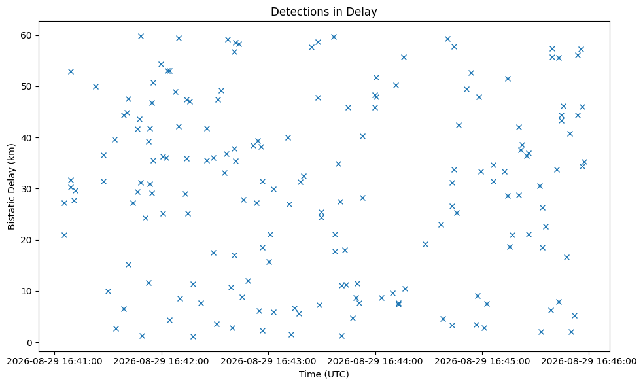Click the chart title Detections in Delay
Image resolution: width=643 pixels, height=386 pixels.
(324, 12)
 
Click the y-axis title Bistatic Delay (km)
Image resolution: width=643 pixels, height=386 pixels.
(11, 186)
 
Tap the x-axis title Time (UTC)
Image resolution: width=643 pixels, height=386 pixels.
(324, 374)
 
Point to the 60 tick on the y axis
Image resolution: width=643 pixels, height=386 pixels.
(26, 35)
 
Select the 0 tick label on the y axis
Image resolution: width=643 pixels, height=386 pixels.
(29, 343)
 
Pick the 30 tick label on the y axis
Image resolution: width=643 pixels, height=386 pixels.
(26, 188)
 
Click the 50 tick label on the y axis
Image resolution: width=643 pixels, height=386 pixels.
(26, 86)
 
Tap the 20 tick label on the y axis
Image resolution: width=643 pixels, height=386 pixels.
(26, 240)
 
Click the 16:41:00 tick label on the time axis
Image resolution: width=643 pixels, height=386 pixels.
(54, 361)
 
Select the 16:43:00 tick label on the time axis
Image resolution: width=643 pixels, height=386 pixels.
(269, 361)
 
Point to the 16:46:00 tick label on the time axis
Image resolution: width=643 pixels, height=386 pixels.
(589, 361)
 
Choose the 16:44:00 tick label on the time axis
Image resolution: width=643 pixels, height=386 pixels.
(375, 361)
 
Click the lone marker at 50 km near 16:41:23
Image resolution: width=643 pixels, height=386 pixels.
(96, 86)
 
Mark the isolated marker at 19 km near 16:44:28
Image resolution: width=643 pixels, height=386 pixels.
(425, 245)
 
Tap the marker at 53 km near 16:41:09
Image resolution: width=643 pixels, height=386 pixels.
(71, 71)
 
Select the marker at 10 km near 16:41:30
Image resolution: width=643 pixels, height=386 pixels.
(108, 291)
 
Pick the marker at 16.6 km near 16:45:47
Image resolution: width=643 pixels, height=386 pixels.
(566, 257)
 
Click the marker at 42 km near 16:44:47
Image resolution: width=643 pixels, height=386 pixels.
(459, 125)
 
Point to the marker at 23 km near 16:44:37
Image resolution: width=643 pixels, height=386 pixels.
(442, 224)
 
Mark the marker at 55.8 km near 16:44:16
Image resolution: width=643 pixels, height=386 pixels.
(404, 57)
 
